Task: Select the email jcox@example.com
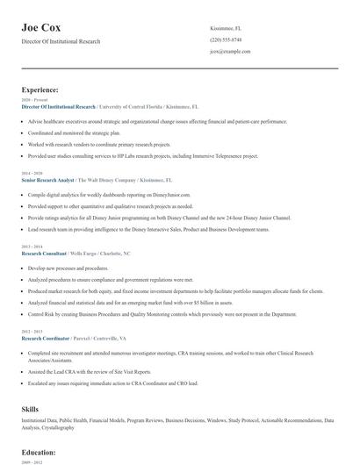click(x=231, y=52)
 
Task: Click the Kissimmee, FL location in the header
click(x=227, y=29)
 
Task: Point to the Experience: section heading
click(x=40, y=89)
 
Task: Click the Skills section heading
click(x=31, y=409)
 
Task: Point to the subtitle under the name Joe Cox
click(x=61, y=41)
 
